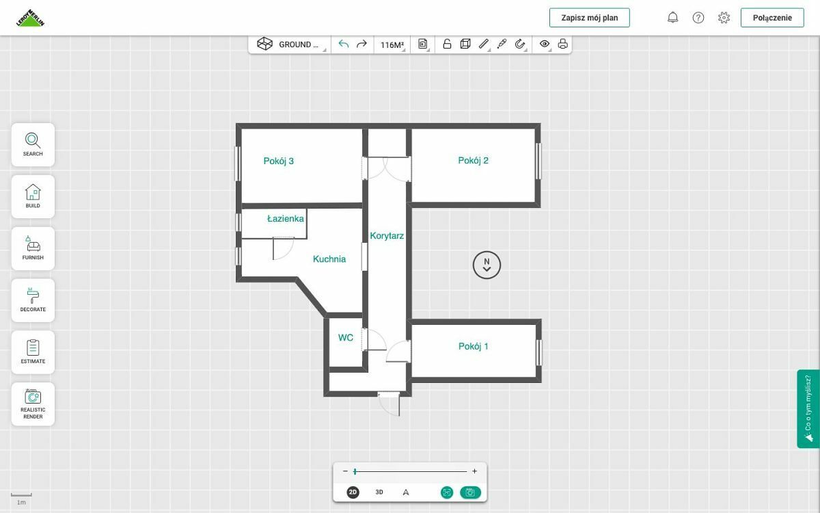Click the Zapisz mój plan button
click(589, 18)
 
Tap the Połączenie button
click(772, 18)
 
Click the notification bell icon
click(673, 18)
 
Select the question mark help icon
click(698, 18)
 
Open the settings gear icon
click(724, 18)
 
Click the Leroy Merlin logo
click(30, 18)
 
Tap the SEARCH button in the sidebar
click(33, 145)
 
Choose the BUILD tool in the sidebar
click(33, 196)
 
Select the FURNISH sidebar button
click(33, 248)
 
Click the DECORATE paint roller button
click(33, 300)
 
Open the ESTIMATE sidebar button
click(33, 352)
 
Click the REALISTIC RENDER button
click(33, 404)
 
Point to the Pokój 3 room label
click(279, 161)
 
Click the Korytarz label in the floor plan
click(387, 236)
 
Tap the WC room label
click(346, 337)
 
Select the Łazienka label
click(286, 219)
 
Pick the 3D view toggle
click(379, 492)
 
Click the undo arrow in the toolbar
click(343, 44)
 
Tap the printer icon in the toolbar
click(562, 44)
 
